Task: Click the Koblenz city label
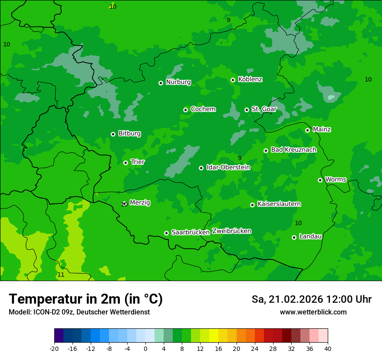click(x=250, y=79)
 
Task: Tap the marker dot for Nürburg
click(x=161, y=83)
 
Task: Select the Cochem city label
click(x=203, y=109)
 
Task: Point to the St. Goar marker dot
click(x=247, y=110)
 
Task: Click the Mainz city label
click(x=322, y=130)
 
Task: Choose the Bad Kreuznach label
click(x=293, y=150)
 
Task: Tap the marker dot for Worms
click(x=320, y=180)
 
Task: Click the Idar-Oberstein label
click(x=228, y=167)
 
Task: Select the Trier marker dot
click(x=125, y=163)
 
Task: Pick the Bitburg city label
click(x=129, y=134)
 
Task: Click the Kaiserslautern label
click(x=279, y=204)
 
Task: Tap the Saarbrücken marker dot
click(x=166, y=233)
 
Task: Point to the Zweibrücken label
click(x=231, y=231)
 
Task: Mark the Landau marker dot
click(x=294, y=237)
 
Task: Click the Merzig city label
click(x=140, y=203)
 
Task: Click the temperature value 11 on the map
click(x=61, y=275)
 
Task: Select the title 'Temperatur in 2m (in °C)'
click(x=86, y=299)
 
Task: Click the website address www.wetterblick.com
click(x=313, y=312)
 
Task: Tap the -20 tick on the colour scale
click(x=54, y=349)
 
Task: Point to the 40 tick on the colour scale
click(x=328, y=349)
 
